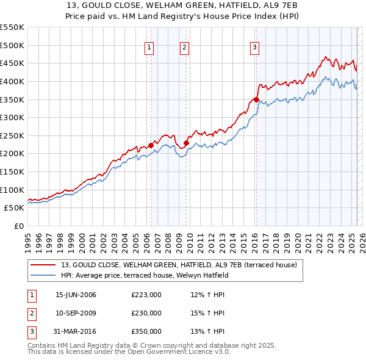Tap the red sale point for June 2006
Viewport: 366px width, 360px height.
(151, 145)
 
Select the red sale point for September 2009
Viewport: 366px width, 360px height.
(185, 143)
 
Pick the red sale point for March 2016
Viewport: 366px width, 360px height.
(256, 99)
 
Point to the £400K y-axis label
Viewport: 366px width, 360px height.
(12, 81)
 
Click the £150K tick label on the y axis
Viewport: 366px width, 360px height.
(12, 171)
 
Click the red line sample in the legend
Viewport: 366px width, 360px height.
(43, 265)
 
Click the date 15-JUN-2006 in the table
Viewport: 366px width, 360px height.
(76, 295)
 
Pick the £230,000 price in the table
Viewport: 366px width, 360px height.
(146, 313)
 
